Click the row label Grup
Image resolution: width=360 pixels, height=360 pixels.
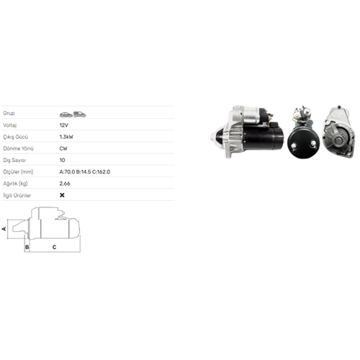[9, 113]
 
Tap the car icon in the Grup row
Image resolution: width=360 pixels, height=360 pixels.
[66, 114]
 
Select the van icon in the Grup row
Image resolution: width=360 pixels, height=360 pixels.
[80, 114]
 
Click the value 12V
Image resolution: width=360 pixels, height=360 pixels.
[64, 125]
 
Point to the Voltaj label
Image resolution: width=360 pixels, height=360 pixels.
[10, 125]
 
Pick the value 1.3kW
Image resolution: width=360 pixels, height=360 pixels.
[66, 137]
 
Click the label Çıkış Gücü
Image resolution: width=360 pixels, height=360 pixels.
[16, 137]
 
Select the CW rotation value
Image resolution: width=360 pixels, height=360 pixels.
[63, 148]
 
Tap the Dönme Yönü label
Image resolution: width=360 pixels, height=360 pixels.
[18, 148]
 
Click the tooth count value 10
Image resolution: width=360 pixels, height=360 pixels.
[62, 160]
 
